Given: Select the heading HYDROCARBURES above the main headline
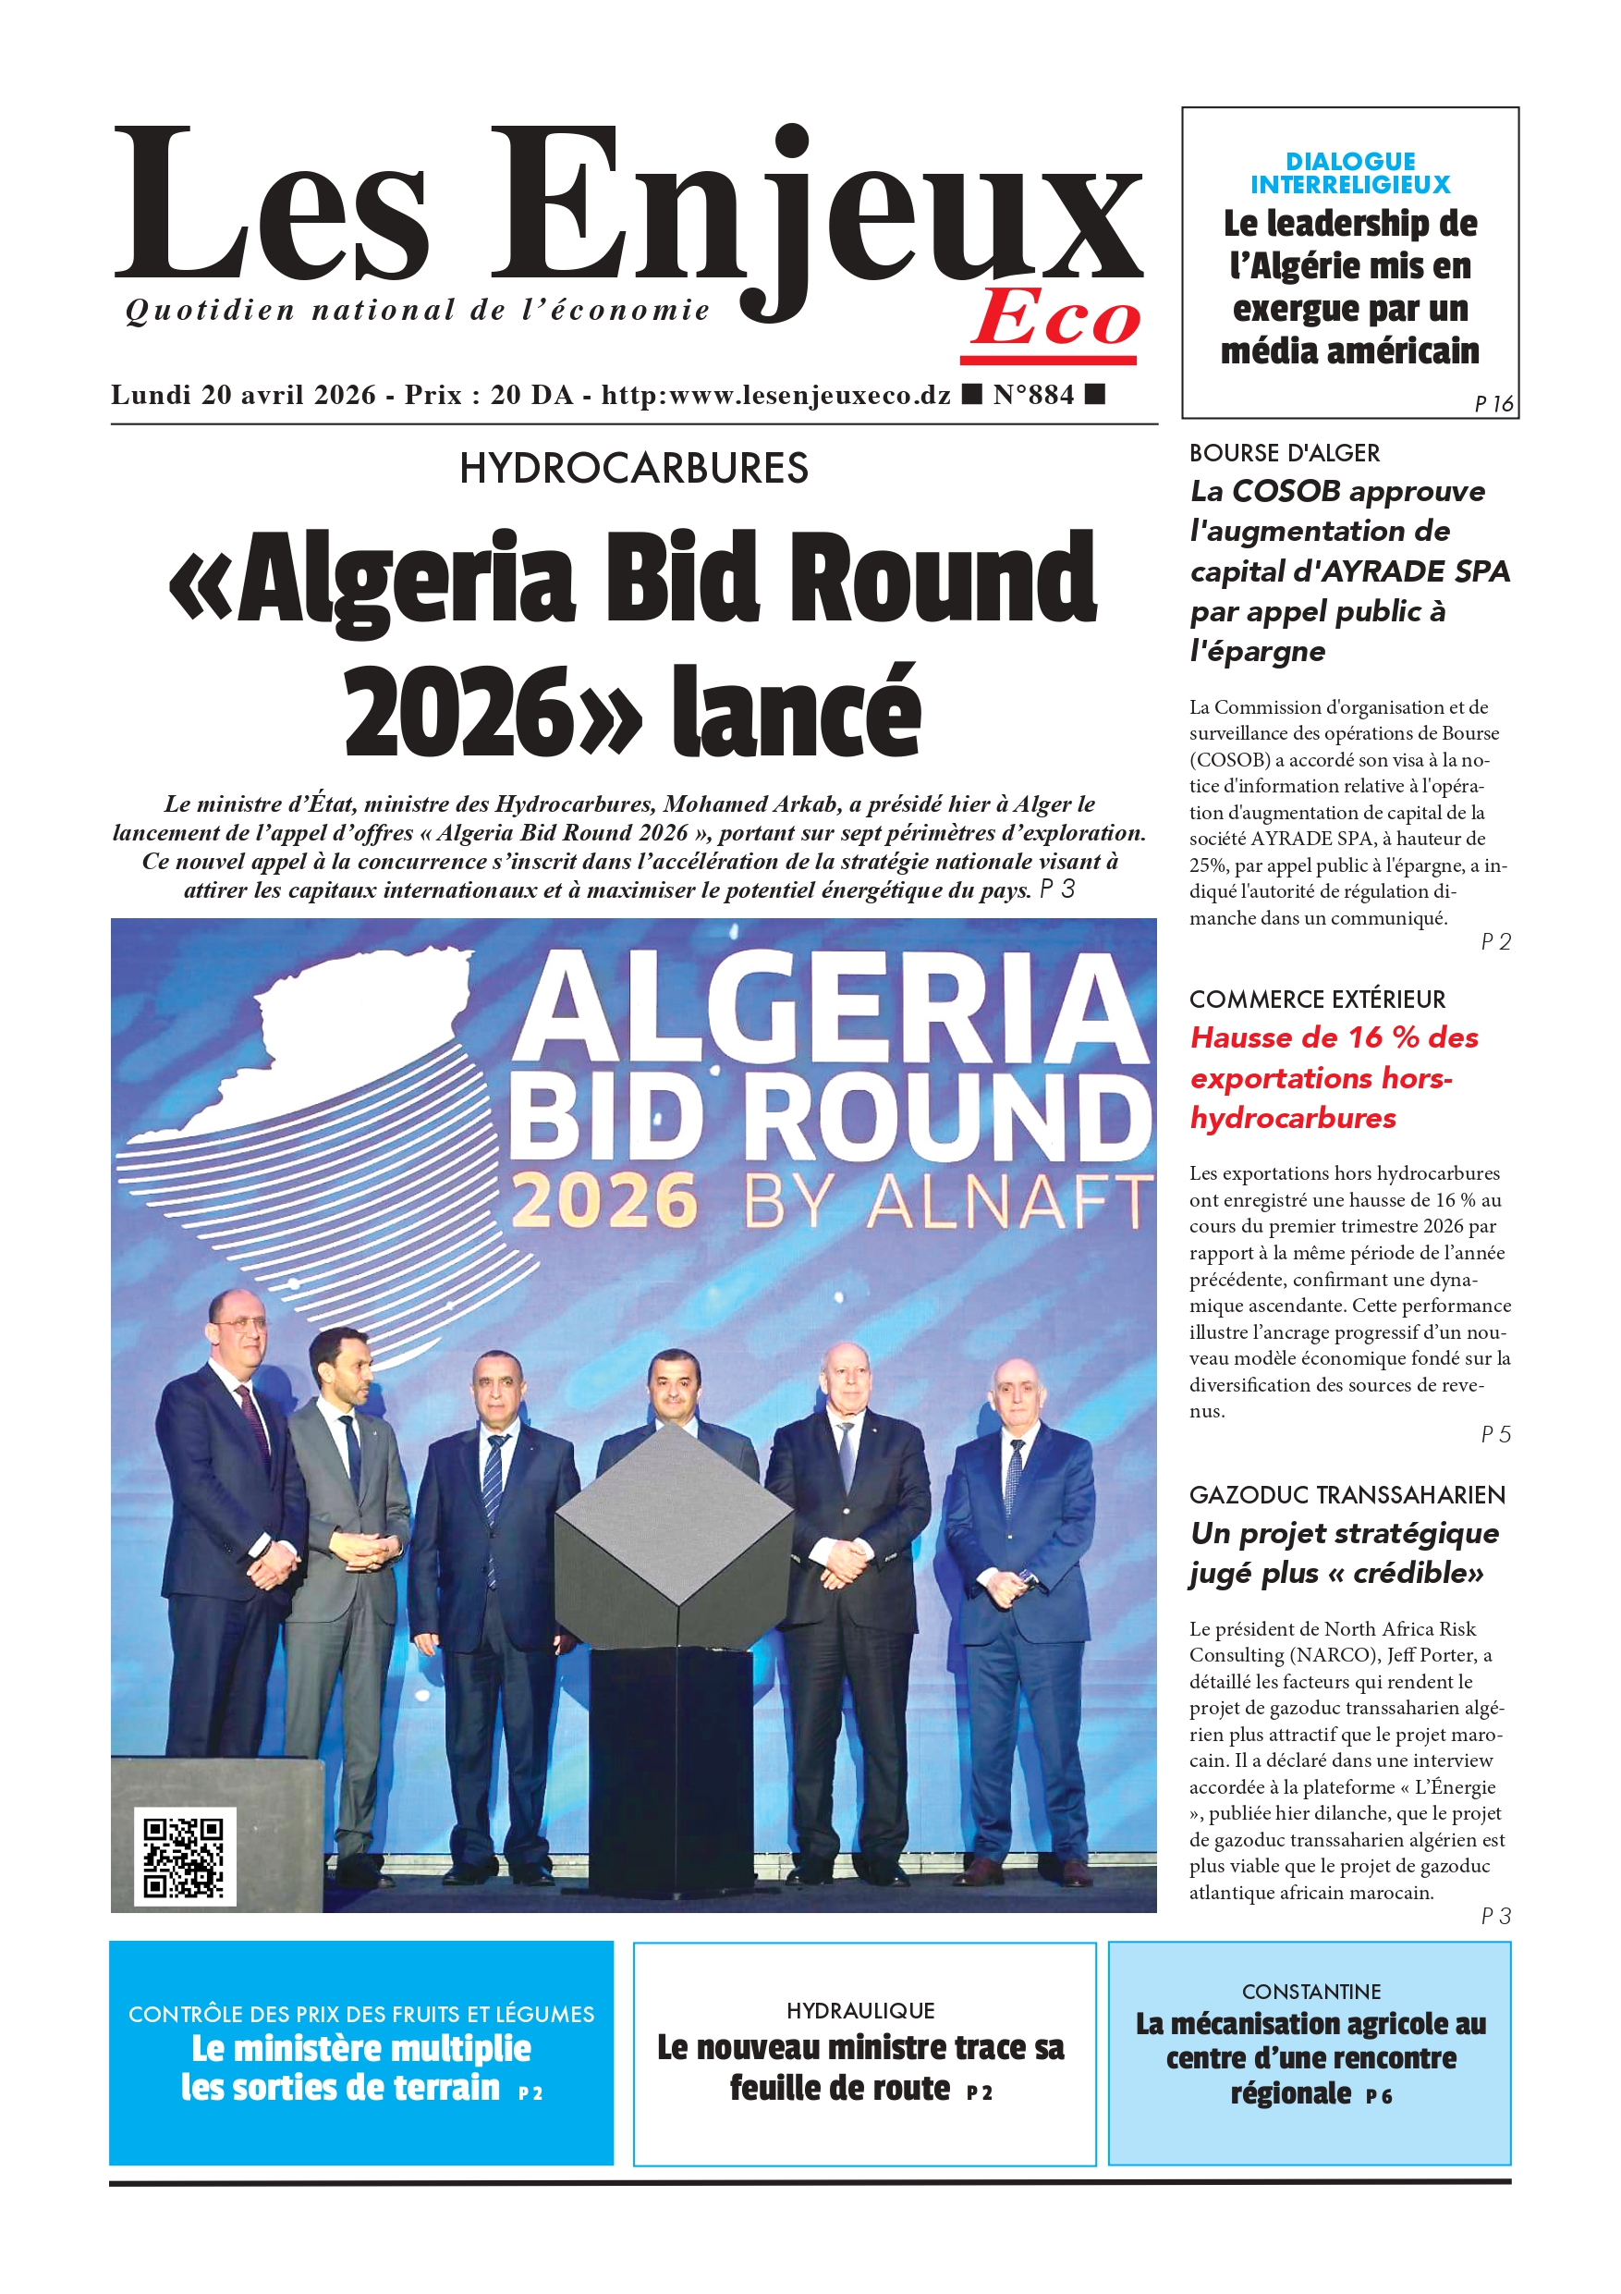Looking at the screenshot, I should (633, 469).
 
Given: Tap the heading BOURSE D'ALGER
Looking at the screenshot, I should (1284, 454).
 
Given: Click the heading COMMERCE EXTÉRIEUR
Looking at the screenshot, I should (1316, 1000).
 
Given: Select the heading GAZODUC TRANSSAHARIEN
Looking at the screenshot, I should (1347, 1495).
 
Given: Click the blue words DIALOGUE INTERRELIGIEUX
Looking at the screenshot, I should (1349, 173).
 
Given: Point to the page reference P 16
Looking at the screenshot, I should (1493, 404).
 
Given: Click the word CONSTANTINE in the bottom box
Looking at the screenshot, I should (1310, 1993).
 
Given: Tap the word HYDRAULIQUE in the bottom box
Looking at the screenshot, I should (859, 2010).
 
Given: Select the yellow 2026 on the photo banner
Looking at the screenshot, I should (604, 1200).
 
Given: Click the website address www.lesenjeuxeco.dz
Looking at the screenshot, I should (809, 395).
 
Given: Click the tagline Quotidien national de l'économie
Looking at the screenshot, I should (418, 311).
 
